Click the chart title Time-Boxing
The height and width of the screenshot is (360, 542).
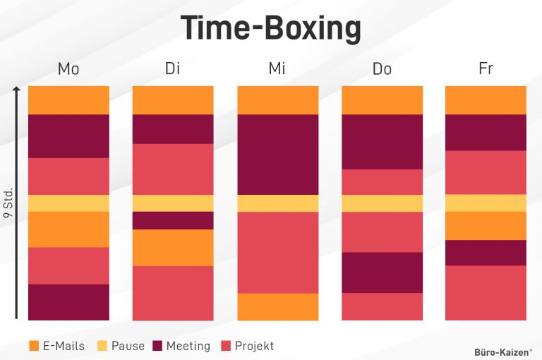click(271, 29)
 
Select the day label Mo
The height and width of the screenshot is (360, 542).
click(68, 69)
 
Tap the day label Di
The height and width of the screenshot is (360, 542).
click(173, 69)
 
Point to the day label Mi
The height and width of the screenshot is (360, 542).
click(277, 69)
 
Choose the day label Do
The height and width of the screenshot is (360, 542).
click(382, 69)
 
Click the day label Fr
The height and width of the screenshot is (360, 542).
click(486, 69)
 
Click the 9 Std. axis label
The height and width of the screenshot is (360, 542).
click(9, 203)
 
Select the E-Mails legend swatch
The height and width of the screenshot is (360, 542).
click(34, 346)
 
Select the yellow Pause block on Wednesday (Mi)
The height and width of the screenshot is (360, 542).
click(277, 203)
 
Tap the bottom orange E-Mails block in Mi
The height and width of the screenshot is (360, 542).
click(277, 306)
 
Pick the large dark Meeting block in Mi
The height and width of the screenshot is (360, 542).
click(277, 154)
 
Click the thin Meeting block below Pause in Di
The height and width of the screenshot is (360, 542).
click(173, 220)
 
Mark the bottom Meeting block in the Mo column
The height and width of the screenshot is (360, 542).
click(68, 302)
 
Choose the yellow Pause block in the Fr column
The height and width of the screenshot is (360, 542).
click(486, 203)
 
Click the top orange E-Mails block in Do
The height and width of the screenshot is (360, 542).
click(382, 100)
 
